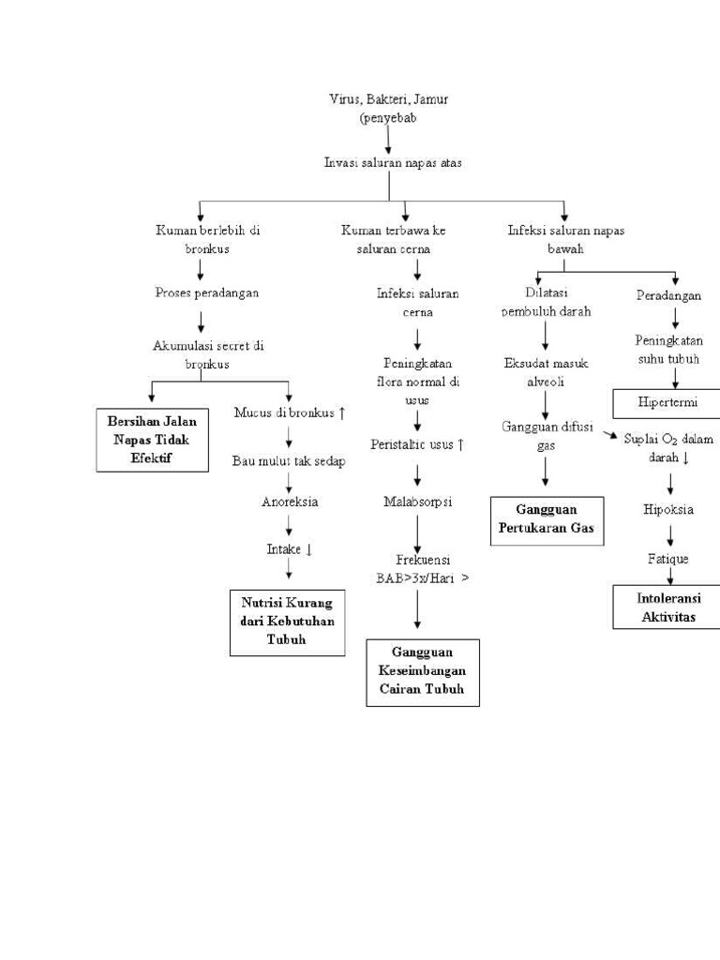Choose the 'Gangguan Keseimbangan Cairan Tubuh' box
[x=422, y=672]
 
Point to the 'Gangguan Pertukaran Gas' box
[x=547, y=521]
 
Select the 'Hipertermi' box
[x=667, y=403]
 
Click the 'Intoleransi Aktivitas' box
[x=668, y=607]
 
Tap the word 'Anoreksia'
[x=290, y=502]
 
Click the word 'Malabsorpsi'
[x=418, y=502]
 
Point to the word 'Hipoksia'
[x=668, y=511]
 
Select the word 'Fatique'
[x=668, y=559]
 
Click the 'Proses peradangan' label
[x=206, y=292]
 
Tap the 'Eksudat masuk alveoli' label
[x=546, y=372]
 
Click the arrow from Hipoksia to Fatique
[x=669, y=535]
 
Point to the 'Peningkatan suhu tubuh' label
[x=668, y=349]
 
